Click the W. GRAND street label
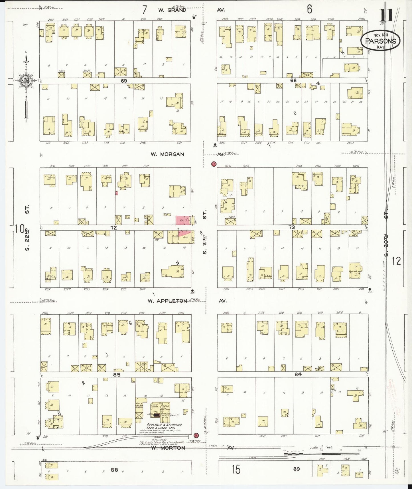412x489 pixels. tap(172, 10)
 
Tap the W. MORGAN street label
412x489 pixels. tap(167, 154)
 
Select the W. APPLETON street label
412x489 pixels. tap(167, 301)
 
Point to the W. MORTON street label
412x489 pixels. tap(168, 448)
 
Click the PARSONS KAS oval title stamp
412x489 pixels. tap(380, 42)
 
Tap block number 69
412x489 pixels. tap(124, 81)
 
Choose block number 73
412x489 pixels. tap(291, 227)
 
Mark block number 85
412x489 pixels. tap(117, 375)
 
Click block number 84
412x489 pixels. tap(298, 374)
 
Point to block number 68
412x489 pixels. tap(293, 80)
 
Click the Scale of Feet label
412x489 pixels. tap(321, 447)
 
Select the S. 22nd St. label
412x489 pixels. tap(27, 228)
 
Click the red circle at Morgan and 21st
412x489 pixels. tap(214, 164)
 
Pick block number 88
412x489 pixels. tap(114, 470)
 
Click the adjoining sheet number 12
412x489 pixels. tap(396, 261)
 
